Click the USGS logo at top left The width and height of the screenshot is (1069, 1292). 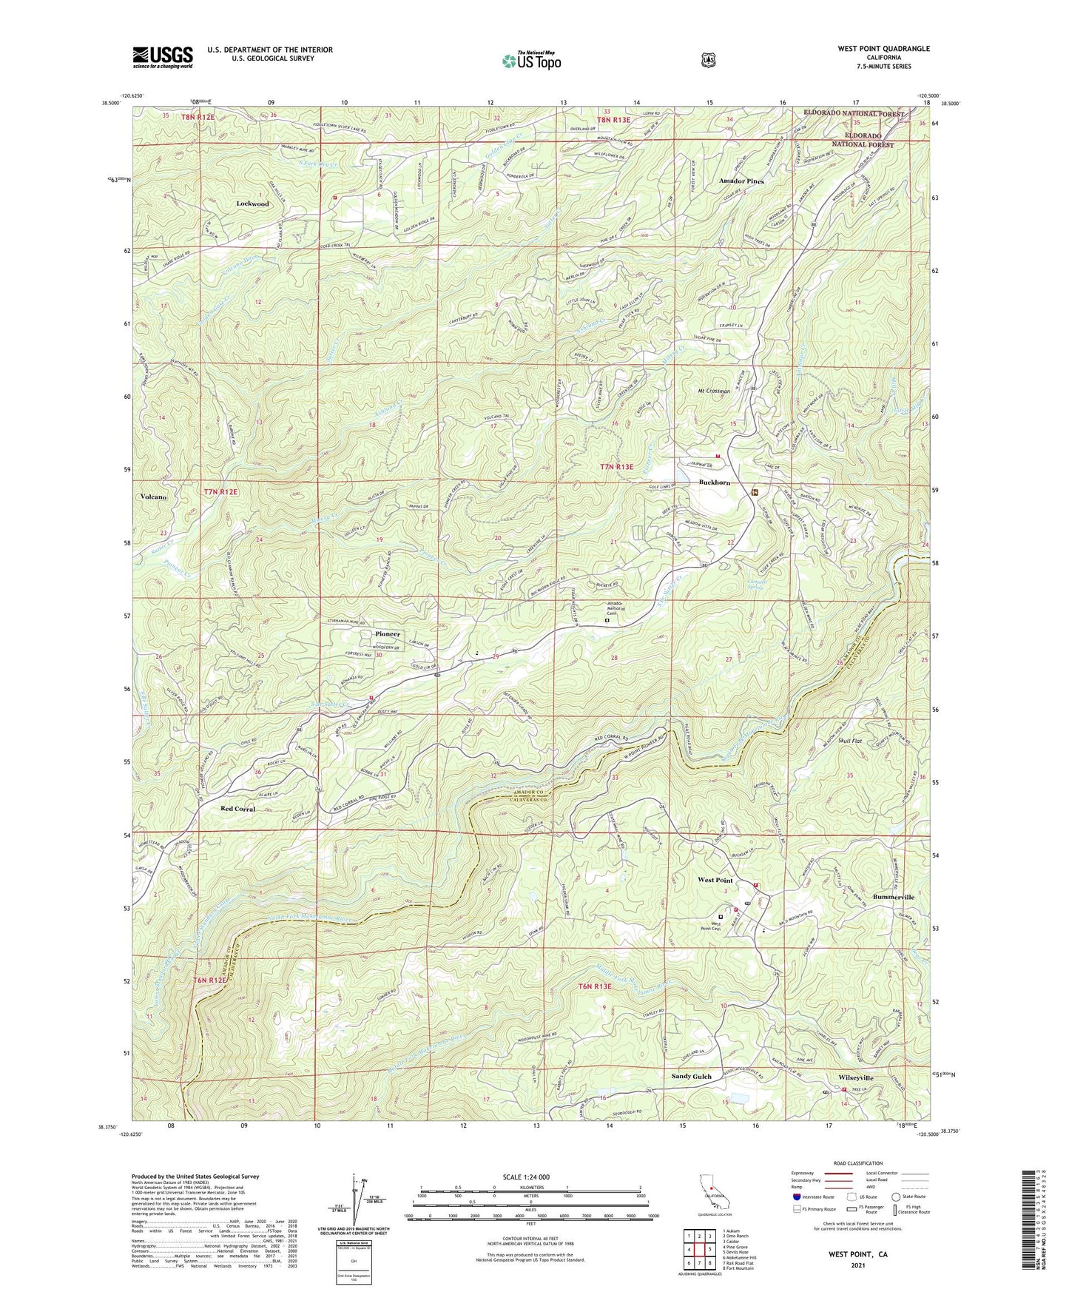[163, 56]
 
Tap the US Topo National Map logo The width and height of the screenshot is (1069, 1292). [530, 60]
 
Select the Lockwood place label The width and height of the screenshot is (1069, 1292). [253, 203]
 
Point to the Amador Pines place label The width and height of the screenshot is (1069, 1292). [741, 181]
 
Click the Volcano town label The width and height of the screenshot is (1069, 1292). [153, 497]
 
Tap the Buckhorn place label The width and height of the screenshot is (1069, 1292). [714, 482]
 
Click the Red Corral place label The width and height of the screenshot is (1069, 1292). [237, 809]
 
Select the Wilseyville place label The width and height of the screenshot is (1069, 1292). [856, 1078]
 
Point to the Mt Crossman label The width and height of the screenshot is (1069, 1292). [713, 391]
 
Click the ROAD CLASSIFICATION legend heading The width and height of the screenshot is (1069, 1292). [857, 1164]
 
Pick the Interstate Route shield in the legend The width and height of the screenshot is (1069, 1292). [795, 1197]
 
